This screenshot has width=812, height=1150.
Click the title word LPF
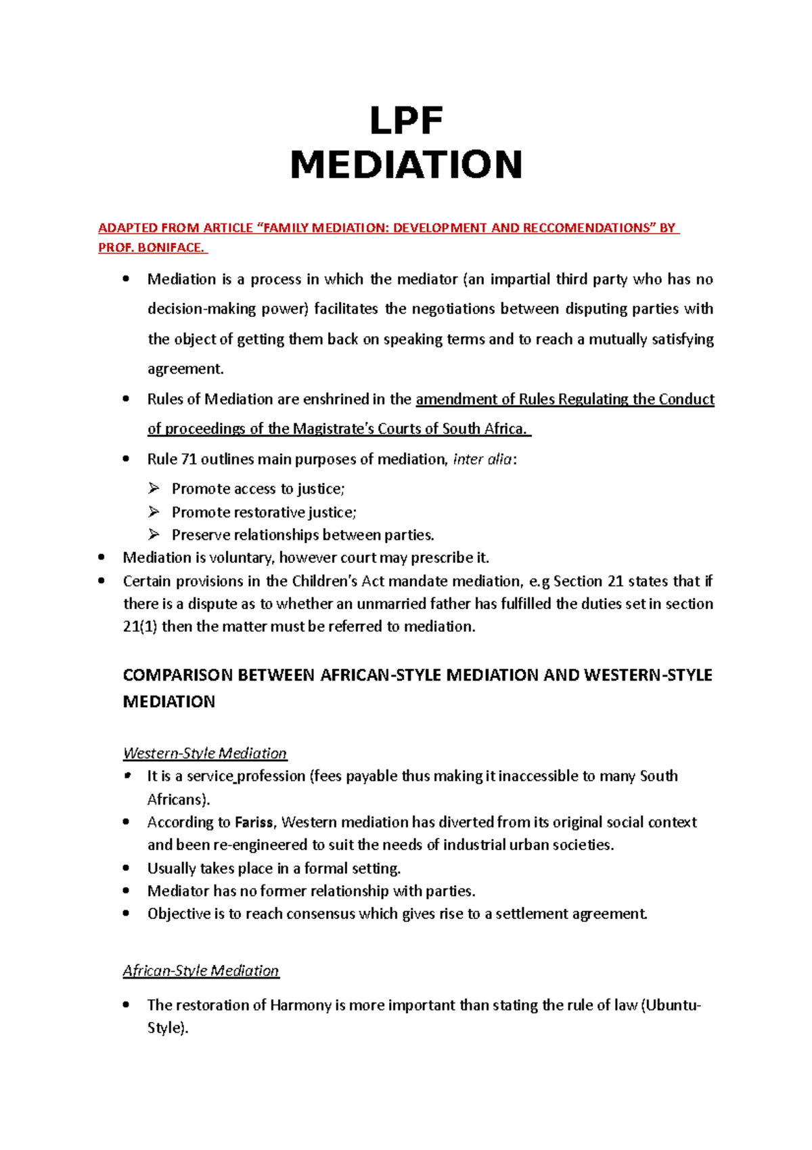coord(406,121)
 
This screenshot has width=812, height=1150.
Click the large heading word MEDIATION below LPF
coord(406,165)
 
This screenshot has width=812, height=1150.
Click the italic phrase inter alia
coord(482,459)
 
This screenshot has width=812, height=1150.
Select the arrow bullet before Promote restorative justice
coord(154,512)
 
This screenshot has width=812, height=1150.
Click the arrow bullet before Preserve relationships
coord(154,535)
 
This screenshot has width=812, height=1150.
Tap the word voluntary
coord(241,558)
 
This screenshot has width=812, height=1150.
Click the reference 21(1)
coord(140,626)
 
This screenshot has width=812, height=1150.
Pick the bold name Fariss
coord(254,822)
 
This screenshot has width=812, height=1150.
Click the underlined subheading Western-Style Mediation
coord(205,753)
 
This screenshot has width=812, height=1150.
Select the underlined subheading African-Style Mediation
coord(201,971)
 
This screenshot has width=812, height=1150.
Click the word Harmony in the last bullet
coord(300,1005)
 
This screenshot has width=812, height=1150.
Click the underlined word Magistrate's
coord(334,429)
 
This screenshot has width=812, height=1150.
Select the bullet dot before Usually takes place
coord(127,868)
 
